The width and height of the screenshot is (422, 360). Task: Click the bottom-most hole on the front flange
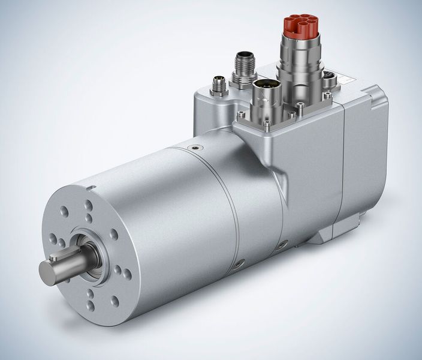(90, 306)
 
